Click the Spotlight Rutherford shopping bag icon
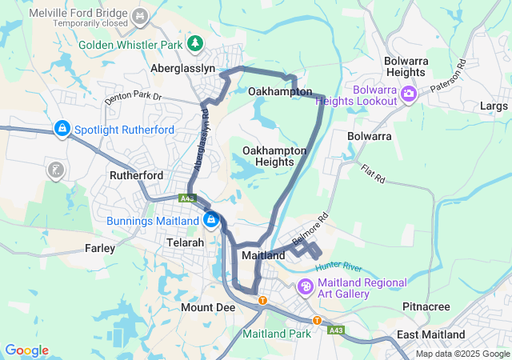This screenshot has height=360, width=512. point(62,128)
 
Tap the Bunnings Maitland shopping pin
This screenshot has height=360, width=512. point(210,219)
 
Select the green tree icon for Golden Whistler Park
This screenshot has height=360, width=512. point(194,42)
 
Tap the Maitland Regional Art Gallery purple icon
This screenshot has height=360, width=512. point(305,286)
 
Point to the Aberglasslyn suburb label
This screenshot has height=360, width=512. point(183,69)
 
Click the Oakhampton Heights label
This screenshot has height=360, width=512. point(274,156)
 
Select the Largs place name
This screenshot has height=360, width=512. point(494,106)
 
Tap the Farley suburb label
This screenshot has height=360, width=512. point(100,249)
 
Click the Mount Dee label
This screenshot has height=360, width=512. point(207,307)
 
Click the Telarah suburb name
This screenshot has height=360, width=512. point(186,242)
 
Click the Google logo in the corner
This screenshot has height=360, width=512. point(26,350)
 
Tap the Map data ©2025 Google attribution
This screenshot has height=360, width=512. point(462,354)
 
